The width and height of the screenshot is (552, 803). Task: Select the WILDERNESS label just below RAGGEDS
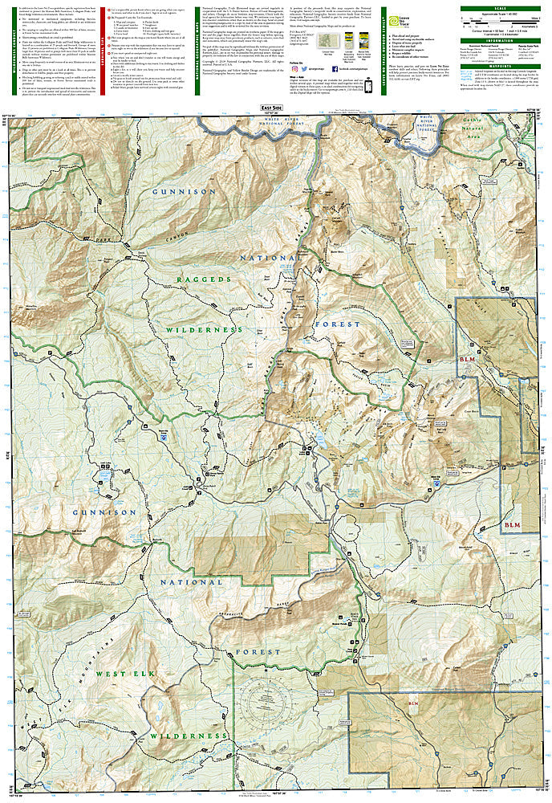click(x=204, y=330)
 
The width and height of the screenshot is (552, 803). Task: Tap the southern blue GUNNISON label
click(x=105, y=512)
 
